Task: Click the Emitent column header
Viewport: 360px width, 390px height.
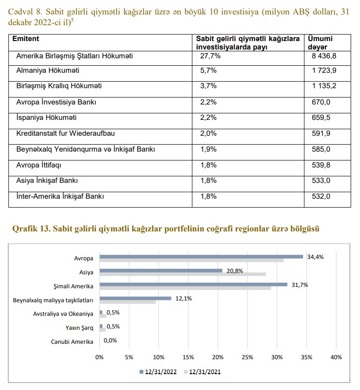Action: pos(26,39)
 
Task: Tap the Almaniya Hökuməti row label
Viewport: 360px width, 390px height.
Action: pos(48,71)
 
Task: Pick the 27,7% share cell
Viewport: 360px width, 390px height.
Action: pos(210,56)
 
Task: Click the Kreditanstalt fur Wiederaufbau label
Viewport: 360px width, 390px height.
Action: pos(65,133)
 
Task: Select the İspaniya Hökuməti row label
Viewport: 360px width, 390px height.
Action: pos(46,118)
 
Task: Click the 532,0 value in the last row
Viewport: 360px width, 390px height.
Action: pos(321,196)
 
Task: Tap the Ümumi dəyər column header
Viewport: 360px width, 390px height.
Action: pos(320,43)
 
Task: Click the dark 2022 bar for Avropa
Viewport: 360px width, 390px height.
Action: pos(201,256)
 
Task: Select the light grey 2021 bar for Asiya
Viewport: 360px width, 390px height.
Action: pos(182,274)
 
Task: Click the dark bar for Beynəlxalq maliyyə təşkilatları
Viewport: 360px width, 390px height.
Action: pos(135,298)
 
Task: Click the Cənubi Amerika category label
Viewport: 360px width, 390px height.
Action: pos(72,342)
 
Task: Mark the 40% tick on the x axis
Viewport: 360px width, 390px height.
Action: pos(336,357)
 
